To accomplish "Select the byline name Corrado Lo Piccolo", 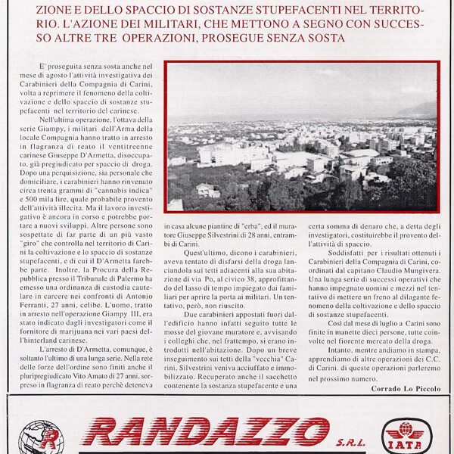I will pos(406,388).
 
